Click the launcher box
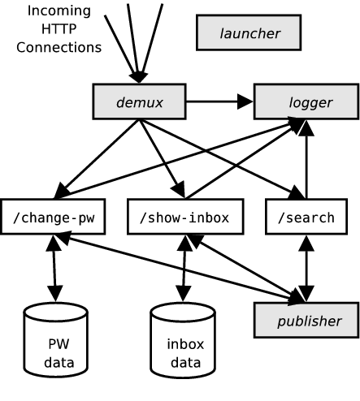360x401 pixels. tap(249, 32)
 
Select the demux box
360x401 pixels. tap(139, 101)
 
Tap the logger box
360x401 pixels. tap(306, 101)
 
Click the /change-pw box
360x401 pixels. tap(53, 217)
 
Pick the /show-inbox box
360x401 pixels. tap(185, 217)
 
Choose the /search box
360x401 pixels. tap(306, 217)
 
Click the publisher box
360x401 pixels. tap(306, 320)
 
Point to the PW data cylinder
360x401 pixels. tap(55, 340)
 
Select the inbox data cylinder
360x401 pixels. tap(183, 340)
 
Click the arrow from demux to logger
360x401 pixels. tap(219, 101)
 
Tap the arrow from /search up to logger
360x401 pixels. tap(306, 160)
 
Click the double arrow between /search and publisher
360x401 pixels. tap(306, 268)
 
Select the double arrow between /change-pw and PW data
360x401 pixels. tap(54, 268)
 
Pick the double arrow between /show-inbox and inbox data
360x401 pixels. tap(184, 268)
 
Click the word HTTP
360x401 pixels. tap(59, 29)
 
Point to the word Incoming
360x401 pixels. tap(59, 11)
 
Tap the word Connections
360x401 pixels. tap(59, 47)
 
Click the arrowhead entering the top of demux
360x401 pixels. tap(139, 78)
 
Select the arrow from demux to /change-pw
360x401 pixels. tap(97, 159)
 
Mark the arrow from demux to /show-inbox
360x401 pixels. tap(162, 158)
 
